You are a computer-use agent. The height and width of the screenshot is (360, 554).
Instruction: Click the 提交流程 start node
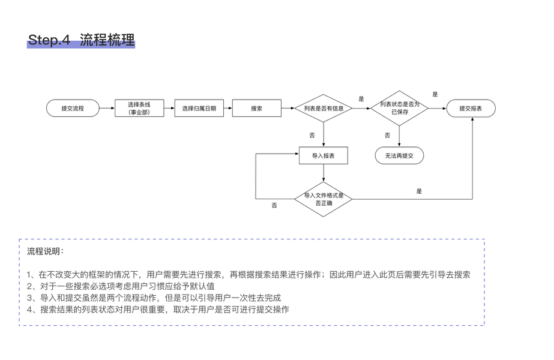73,109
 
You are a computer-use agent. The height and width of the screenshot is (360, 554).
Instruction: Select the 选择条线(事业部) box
139,109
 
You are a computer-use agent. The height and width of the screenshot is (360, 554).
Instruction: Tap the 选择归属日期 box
199,109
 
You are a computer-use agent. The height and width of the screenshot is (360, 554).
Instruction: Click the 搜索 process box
256,109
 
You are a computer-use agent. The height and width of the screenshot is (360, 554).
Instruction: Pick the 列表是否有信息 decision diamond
324,109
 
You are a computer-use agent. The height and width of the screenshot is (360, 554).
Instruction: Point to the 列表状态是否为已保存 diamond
399,108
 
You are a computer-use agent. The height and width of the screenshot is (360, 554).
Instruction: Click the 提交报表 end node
471,109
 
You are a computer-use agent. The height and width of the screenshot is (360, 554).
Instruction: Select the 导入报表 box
324,156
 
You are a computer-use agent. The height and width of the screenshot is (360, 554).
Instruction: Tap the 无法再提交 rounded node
399,156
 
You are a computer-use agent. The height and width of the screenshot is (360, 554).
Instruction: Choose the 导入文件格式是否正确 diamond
324,199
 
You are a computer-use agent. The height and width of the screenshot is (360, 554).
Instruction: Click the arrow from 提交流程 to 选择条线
106,109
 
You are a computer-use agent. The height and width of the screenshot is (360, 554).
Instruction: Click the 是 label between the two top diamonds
361,99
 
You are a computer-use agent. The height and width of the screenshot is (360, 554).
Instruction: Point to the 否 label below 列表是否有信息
312,136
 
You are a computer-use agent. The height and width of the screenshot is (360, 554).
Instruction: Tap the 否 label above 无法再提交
387,136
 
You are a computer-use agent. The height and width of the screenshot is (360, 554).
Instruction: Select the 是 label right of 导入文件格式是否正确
419,191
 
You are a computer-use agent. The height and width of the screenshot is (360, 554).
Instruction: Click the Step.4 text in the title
49,40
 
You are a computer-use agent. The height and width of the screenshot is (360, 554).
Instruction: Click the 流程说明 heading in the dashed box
45,251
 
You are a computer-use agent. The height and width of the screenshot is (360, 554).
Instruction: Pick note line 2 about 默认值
121,286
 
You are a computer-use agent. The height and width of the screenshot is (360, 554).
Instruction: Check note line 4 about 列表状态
158,310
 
